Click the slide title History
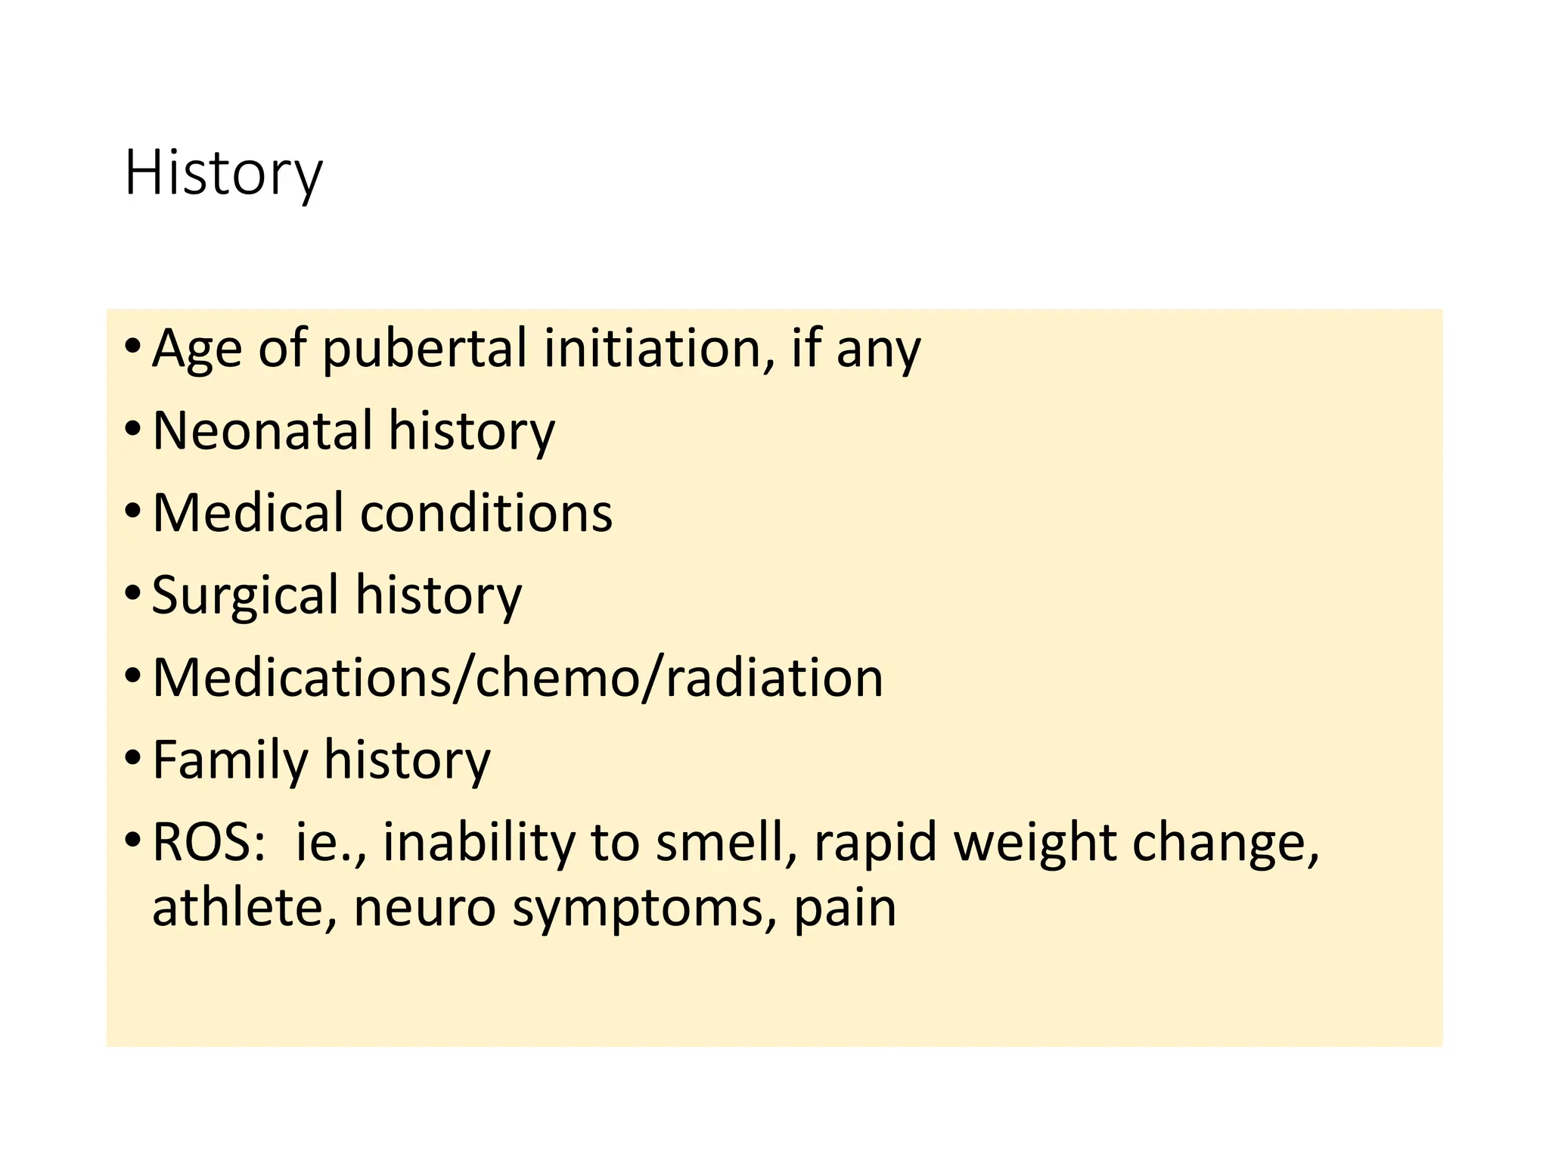click(223, 174)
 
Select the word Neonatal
click(262, 430)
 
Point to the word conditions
click(486, 512)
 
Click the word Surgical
click(245, 596)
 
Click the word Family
click(229, 760)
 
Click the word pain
click(844, 909)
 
